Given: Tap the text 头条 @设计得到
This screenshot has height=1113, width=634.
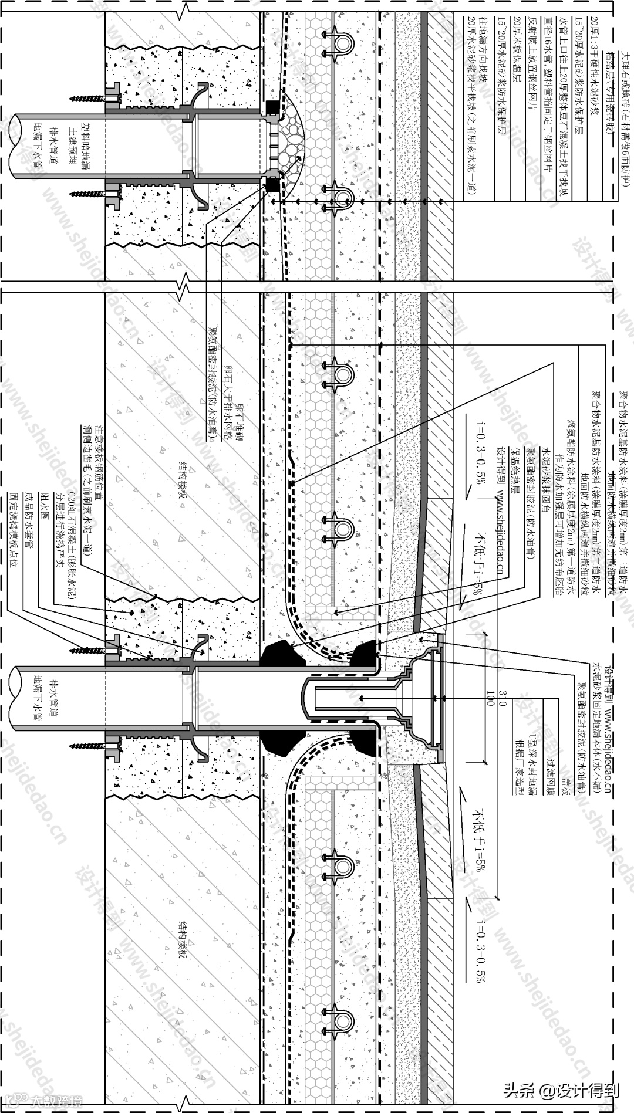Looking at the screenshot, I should click(561, 1091).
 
